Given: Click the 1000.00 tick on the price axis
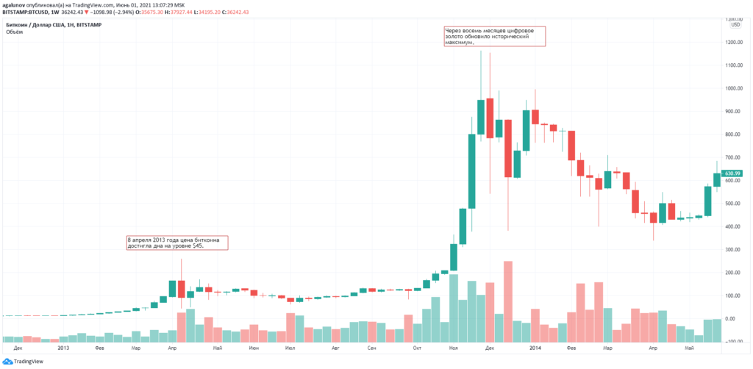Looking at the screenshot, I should coord(733,88).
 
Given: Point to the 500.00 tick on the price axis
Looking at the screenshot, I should coord(733,204).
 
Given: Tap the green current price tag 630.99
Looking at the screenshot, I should coord(733,173).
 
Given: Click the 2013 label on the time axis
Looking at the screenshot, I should coord(63,348).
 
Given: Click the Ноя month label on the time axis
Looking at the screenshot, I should coord(454,348).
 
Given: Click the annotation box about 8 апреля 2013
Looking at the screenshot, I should coord(176,243).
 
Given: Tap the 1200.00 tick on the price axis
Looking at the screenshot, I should coord(733,42).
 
